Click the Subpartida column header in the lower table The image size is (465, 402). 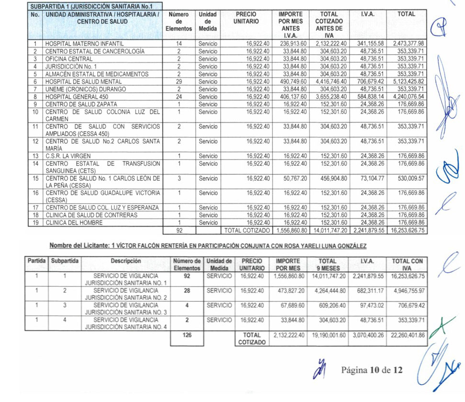(x=66, y=261)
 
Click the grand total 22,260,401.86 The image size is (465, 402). (x=408, y=335)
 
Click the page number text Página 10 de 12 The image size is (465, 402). (x=372, y=370)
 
